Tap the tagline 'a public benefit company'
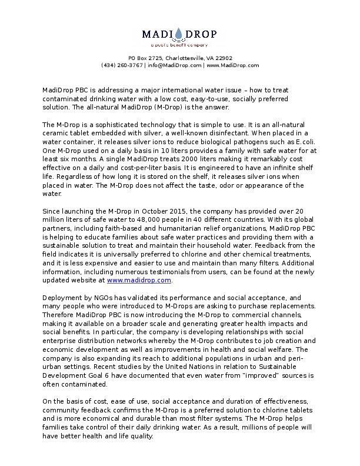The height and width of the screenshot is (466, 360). [x=179, y=45]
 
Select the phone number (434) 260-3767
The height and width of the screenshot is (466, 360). [x=122, y=65]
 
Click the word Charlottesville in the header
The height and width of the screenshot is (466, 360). [x=186, y=58]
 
